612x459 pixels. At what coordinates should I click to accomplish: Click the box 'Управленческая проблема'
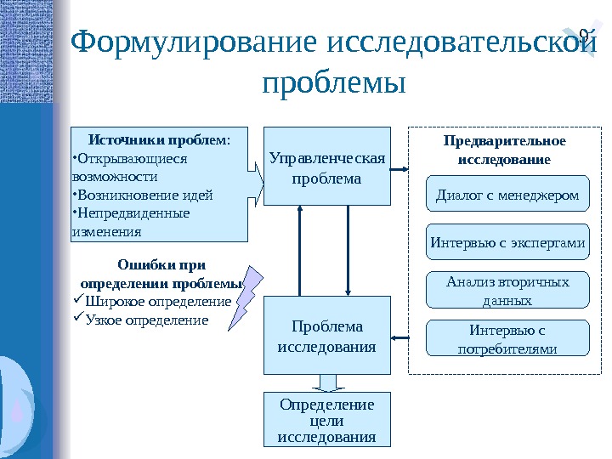[x=326, y=167]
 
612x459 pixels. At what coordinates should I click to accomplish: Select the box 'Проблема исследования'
[x=326, y=336]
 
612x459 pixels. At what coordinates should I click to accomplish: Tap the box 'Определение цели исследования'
[x=326, y=419]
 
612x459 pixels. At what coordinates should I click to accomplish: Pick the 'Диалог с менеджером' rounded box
[x=507, y=195]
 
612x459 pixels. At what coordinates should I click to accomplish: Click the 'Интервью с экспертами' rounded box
[x=507, y=242]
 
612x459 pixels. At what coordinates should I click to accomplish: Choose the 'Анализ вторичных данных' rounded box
[x=507, y=291]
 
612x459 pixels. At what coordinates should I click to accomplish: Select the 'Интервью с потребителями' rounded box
[x=507, y=338]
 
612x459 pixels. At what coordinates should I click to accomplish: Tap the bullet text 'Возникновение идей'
[x=144, y=195]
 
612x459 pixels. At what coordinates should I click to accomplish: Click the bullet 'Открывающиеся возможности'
[x=127, y=167]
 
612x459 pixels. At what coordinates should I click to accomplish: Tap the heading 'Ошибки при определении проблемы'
[x=161, y=274]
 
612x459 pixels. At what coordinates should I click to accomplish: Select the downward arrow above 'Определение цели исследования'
[x=326, y=382]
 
